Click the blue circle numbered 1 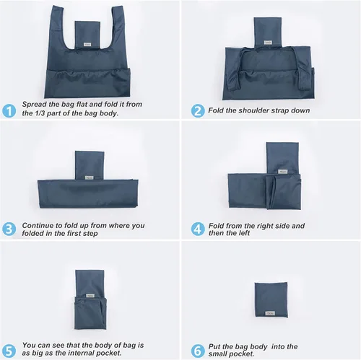(9, 110)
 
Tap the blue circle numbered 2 (197, 110)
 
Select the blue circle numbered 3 (9, 229)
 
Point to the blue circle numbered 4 (197, 229)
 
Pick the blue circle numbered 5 (9, 349)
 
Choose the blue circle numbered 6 (197, 349)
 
